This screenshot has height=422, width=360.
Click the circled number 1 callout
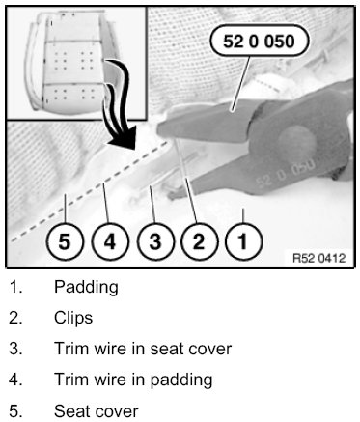click(244, 241)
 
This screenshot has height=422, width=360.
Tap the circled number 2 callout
click(199, 241)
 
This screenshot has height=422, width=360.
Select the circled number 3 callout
click(155, 241)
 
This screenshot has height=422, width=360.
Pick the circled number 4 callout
click(110, 241)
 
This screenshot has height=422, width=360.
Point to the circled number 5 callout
click(65, 241)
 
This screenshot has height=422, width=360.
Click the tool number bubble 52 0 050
click(260, 42)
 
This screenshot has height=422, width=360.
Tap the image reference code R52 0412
click(318, 258)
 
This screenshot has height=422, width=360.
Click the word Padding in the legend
click(86, 287)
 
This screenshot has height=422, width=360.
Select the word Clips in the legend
click(73, 318)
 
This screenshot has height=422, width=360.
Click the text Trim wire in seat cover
click(143, 349)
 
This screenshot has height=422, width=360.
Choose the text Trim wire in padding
click(133, 380)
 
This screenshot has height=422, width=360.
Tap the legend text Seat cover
click(97, 411)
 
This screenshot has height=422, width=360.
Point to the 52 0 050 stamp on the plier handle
click(285, 173)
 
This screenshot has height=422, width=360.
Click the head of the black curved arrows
click(123, 137)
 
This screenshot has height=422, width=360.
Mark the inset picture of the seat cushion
click(76, 64)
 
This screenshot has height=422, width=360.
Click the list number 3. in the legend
click(15, 349)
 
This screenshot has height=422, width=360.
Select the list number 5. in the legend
click(15, 411)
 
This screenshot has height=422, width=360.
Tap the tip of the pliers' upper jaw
click(158, 131)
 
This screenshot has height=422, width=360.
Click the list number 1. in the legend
click(15, 287)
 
